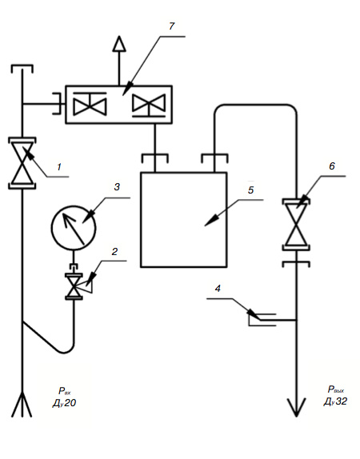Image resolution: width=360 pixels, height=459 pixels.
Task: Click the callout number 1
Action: pos(59,167)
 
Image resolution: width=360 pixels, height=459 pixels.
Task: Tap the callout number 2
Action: pos(114,251)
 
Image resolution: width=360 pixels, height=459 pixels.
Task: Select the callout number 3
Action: pos(117,187)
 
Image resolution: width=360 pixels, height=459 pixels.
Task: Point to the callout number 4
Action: pos(218,289)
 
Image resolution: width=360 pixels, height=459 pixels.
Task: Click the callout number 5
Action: pos(250,190)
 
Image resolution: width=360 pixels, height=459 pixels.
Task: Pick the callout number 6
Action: pos(331,166)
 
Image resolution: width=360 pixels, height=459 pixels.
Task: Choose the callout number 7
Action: pos(172,26)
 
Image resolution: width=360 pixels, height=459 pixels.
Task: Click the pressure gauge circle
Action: pos(74,228)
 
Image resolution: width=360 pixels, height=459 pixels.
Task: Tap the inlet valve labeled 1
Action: pos(22,163)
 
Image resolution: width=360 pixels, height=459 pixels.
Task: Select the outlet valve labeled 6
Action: pos(297,225)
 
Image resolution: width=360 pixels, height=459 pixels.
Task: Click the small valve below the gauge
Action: pos(74,286)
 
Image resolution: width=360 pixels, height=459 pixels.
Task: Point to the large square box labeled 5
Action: pos(184,220)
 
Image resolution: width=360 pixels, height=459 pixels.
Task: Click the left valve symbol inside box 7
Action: pos(90,104)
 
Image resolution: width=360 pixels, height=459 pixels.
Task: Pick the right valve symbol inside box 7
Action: pos(149,106)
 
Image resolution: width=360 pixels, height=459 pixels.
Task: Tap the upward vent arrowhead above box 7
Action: pos(119,44)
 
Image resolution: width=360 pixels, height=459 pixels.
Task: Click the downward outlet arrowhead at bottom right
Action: pos(297,407)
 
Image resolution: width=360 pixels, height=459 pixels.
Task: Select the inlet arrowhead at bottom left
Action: pos(22,405)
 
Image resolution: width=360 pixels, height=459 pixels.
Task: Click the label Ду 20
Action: pos(64,403)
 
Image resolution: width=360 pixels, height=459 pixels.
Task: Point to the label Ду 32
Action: pos(335,401)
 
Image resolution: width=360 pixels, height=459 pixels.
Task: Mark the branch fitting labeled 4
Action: pos(262,320)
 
